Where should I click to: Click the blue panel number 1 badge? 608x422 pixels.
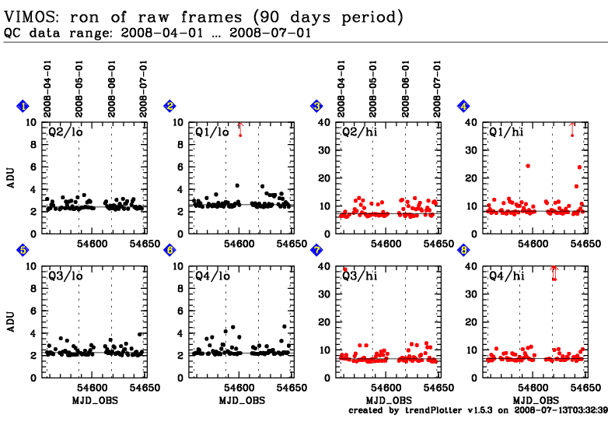24,106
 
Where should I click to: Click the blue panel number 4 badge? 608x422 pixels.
463,106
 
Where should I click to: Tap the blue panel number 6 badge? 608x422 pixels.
170,250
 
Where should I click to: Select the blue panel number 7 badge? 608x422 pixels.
316,250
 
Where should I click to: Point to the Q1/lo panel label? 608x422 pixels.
211,132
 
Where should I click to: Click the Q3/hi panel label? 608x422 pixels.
358,275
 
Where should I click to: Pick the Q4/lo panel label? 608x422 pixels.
211,275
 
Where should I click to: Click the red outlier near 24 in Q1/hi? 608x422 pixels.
528,166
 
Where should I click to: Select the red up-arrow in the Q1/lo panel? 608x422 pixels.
240,127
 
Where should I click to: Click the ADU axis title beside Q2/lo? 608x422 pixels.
12,178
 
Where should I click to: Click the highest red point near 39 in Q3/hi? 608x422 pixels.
344,269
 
